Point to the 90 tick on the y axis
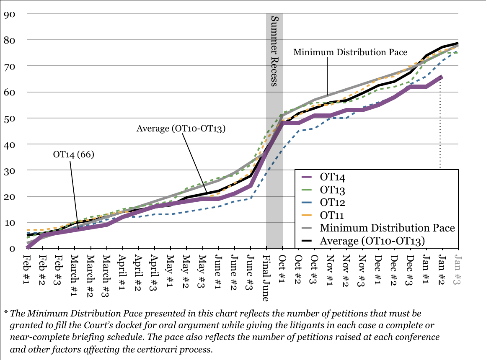pos(10,14)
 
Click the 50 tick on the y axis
pos(10,118)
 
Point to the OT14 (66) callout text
pos(74,154)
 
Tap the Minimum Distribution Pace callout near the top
pos(350,53)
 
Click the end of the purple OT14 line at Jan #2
pos(442,77)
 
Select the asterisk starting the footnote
pos(6,313)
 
